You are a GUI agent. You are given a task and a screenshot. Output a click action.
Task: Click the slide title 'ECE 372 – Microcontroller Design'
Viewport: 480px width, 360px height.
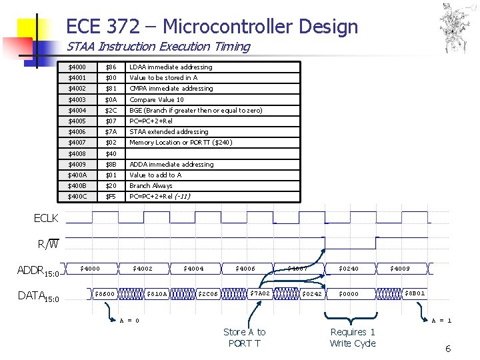tap(212, 27)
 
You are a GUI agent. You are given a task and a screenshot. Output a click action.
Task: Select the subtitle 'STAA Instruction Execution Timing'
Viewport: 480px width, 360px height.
tap(158, 47)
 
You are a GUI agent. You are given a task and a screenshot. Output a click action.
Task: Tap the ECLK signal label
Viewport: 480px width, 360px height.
tap(46, 218)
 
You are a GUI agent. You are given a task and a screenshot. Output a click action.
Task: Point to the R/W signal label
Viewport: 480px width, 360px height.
tap(48, 244)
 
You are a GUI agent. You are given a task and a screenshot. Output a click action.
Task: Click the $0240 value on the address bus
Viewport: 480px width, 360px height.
tap(348, 269)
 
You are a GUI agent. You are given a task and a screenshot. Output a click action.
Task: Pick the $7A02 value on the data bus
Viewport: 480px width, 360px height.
tap(259, 293)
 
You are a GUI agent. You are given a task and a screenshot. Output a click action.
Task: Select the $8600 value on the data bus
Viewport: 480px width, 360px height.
tap(105, 293)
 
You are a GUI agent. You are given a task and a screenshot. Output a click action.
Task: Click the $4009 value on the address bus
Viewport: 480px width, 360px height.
tap(400, 269)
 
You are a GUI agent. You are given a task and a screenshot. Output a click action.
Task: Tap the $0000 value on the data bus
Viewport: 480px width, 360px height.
tap(348, 293)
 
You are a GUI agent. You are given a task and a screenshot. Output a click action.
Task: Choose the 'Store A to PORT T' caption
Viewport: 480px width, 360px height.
tap(244, 337)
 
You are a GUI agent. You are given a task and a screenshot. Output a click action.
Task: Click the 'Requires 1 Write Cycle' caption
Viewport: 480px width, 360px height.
tap(353, 337)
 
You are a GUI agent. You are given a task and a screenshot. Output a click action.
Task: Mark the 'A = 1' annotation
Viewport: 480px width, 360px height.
tap(441, 320)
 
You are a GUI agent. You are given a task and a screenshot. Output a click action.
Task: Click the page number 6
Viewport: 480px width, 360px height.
tap(448, 349)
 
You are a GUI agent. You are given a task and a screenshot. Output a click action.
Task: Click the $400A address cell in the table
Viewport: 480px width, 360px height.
tap(78, 175)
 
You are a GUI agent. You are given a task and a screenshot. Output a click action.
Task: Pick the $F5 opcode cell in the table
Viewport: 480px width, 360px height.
tap(111, 197)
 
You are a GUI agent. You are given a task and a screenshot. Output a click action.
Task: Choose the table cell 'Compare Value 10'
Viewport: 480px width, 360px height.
tap(157, 99)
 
